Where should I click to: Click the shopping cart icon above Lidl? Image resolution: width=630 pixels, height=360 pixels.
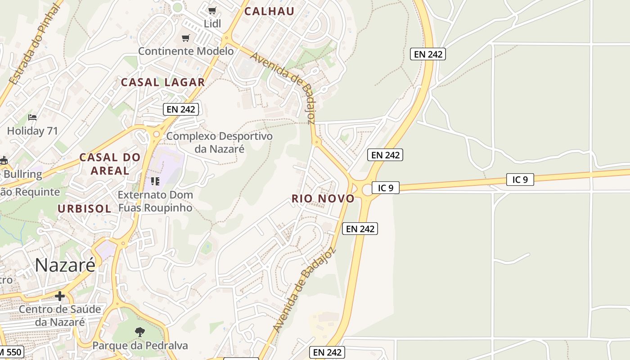pos(212,10)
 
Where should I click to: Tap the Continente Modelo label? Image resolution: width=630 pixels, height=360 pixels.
pos(186,51)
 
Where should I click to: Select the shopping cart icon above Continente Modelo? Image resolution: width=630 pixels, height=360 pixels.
pos(185,38)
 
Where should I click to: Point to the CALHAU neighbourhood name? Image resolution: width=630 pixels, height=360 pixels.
pos(269,12)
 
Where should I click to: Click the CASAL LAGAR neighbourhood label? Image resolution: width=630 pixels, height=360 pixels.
pos(163,82)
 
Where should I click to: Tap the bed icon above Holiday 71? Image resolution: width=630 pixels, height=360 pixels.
pos(32,117)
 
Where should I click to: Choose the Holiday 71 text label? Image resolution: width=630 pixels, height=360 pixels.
pos(33,131)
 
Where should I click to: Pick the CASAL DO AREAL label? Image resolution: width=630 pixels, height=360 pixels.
pos(110,164)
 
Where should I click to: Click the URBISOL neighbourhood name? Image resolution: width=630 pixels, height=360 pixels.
pos(84,208)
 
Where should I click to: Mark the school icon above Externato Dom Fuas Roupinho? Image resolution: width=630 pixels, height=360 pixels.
pos(155,181)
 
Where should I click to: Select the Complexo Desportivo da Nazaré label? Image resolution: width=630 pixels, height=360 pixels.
pos(220,142)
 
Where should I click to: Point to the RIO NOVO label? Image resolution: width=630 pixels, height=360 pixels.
pos(323,198)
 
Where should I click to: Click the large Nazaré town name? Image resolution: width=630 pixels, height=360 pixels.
pos(65,265)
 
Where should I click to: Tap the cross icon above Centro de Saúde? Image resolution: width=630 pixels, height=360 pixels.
pos(59,296)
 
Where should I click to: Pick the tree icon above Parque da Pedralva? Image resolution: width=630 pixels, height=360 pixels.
pos(140,332)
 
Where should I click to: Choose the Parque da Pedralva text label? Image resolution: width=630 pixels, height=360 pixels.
pos(140,346)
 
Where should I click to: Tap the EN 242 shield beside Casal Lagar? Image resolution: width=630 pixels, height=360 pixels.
pos(180,109)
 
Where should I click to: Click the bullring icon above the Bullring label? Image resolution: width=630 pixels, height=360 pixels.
pos(4,160)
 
